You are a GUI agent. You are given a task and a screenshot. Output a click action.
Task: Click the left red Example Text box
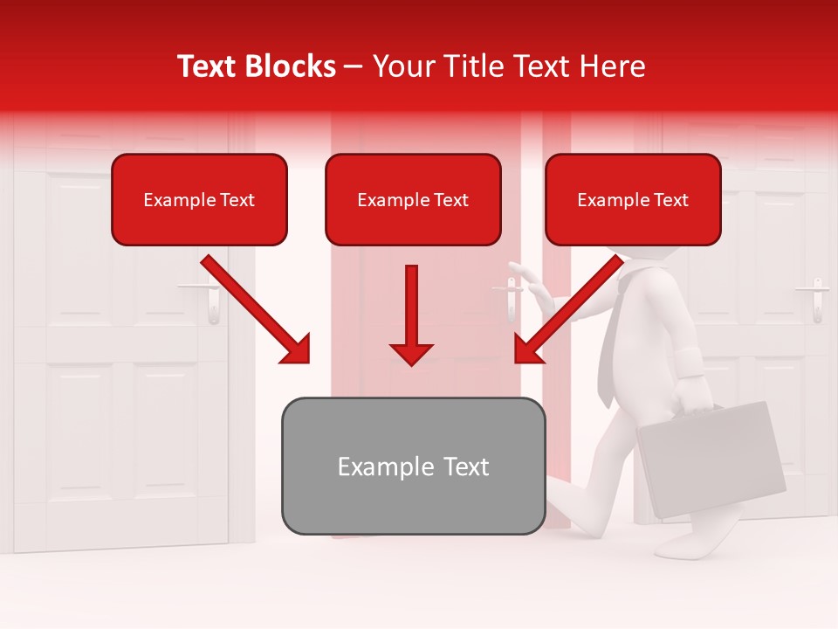[x=199, y=200]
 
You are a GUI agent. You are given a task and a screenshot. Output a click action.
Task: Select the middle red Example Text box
[x=413, y=200]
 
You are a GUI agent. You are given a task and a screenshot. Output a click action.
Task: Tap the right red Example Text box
[x=633, y=200]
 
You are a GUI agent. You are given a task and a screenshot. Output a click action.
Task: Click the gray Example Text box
[x=413, y=467]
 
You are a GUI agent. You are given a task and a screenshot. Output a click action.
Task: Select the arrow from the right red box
[x=568, y=310]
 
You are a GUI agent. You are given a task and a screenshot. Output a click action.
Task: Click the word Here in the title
[x=613, y=67]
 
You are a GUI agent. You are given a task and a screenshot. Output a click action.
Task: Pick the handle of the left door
[x=210, y=301]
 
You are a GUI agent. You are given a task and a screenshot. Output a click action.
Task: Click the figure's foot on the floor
[x=690, y=545]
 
